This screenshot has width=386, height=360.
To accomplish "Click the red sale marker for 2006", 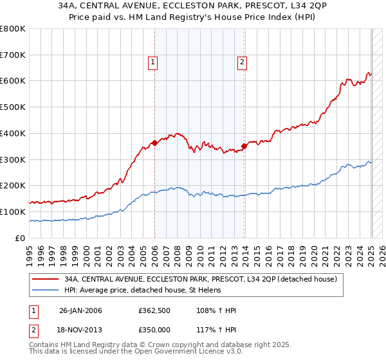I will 154,143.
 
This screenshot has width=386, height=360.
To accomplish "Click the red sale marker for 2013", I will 244,146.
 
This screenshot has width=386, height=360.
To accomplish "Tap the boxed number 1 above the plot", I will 153,62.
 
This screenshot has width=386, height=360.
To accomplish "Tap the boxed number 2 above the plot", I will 242,62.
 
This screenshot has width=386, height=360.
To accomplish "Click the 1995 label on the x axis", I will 30,251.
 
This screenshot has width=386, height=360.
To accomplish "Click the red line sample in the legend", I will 45,280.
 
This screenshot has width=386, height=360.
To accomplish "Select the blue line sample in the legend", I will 45,290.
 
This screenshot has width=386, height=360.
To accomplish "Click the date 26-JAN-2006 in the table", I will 80,310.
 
